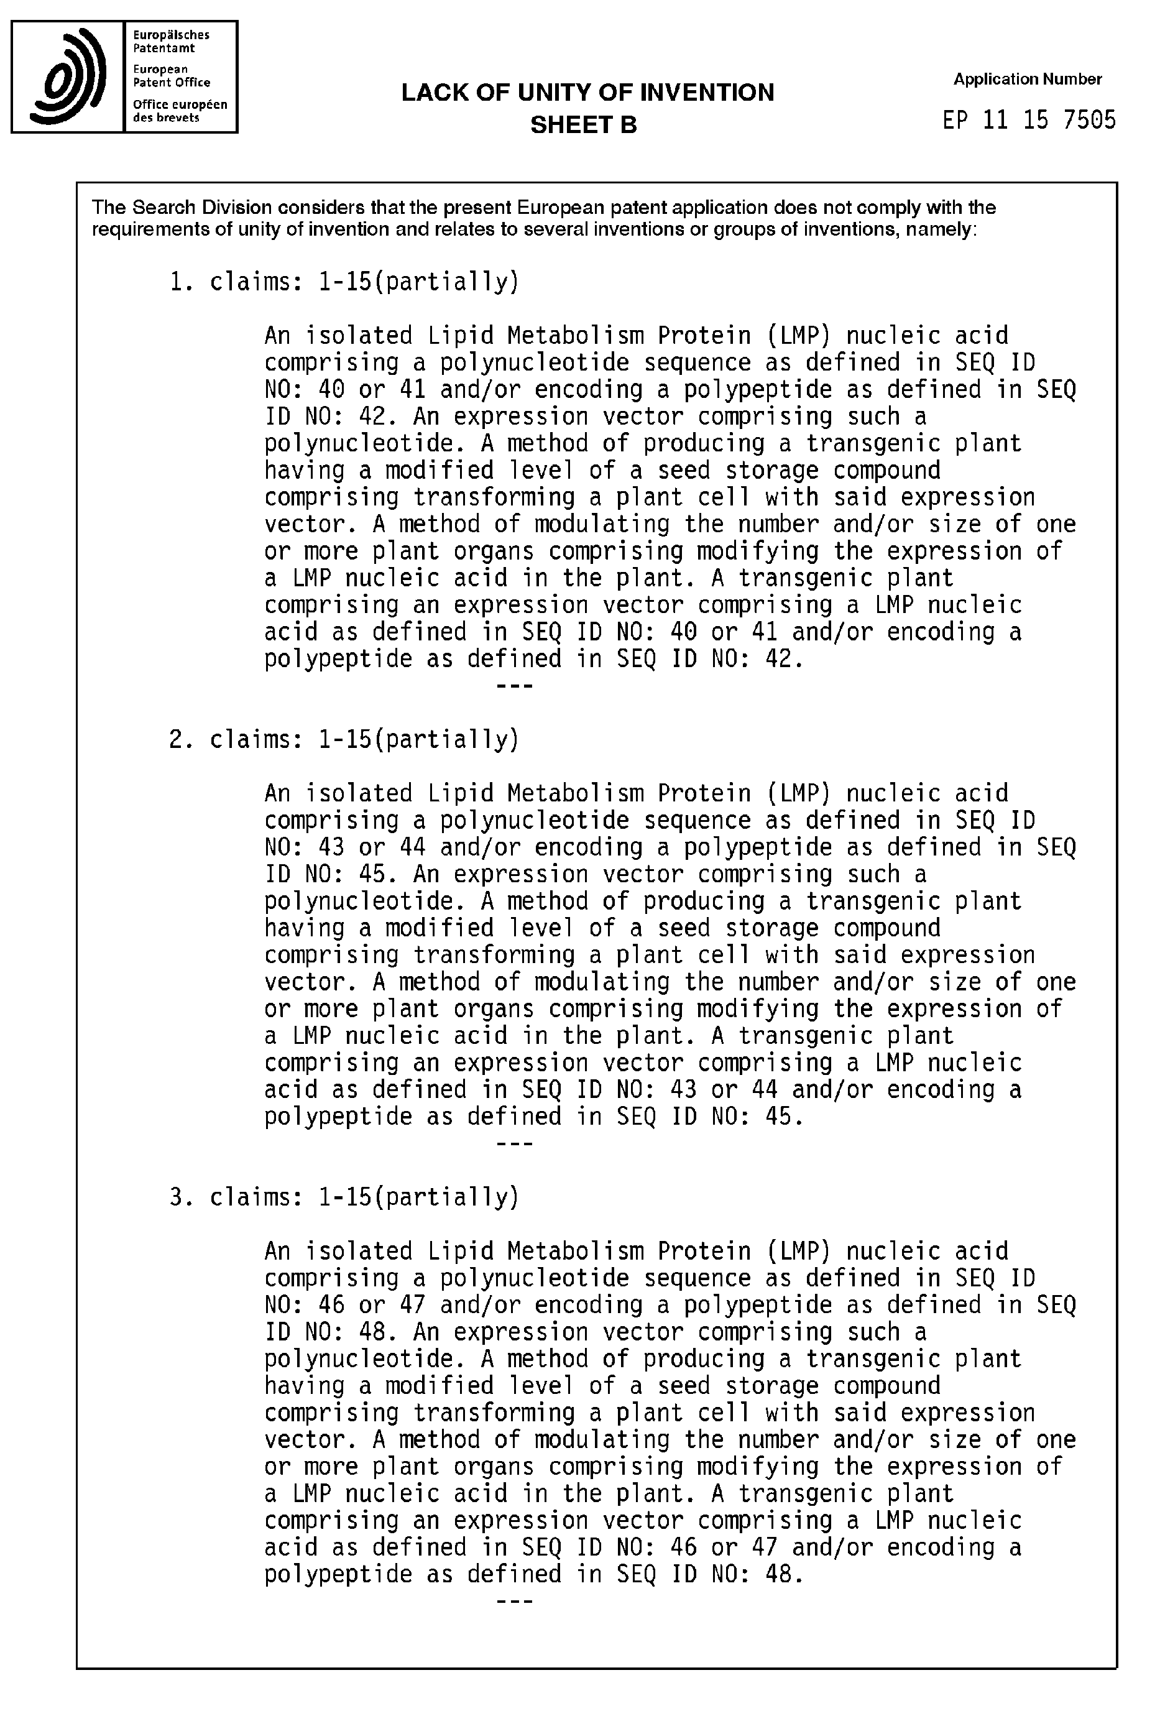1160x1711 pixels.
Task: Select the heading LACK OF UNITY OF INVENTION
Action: coord(587,93)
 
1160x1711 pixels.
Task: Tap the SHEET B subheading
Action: coord(583,125)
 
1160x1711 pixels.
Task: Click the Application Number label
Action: coord(1027,79)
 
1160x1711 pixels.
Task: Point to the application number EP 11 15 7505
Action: coord(1028,120)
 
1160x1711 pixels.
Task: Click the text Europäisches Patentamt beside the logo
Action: coord(171,41)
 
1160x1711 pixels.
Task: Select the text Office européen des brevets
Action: coord(180,111)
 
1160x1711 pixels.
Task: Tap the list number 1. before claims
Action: coord(181,282)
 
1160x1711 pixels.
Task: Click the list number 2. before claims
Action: coord(181,739)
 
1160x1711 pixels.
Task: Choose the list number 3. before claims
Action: coord(181,1197)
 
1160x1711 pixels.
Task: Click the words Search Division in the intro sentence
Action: coord(201,208)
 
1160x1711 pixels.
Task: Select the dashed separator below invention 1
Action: coord(515,687)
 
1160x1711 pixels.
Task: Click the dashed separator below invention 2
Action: coord(515,1145)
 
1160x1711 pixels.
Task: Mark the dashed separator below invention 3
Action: coord(515,1602)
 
